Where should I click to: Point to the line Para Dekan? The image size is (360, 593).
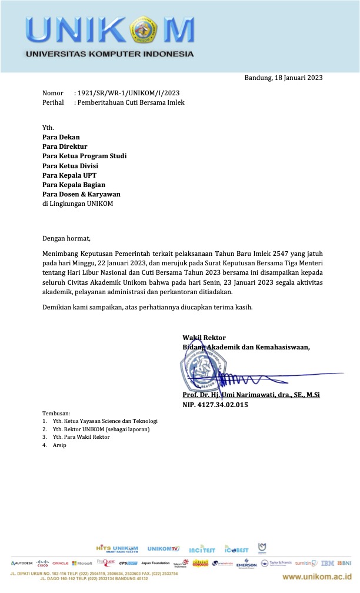coord(61,137)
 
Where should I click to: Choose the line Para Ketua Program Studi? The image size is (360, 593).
coord(84,156)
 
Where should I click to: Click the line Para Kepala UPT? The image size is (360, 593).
coord(69,175)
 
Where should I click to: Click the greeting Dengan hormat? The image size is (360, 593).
coord(66,238)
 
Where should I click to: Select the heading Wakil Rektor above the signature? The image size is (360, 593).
coord(200,338)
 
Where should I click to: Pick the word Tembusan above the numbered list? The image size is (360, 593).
coord(56,414)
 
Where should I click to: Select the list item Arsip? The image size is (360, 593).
coord(59,445)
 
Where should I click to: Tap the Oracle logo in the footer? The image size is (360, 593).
coord(61,563)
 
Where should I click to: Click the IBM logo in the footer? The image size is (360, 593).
coord(328,563)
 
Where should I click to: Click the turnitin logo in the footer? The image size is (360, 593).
coord(306,563)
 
